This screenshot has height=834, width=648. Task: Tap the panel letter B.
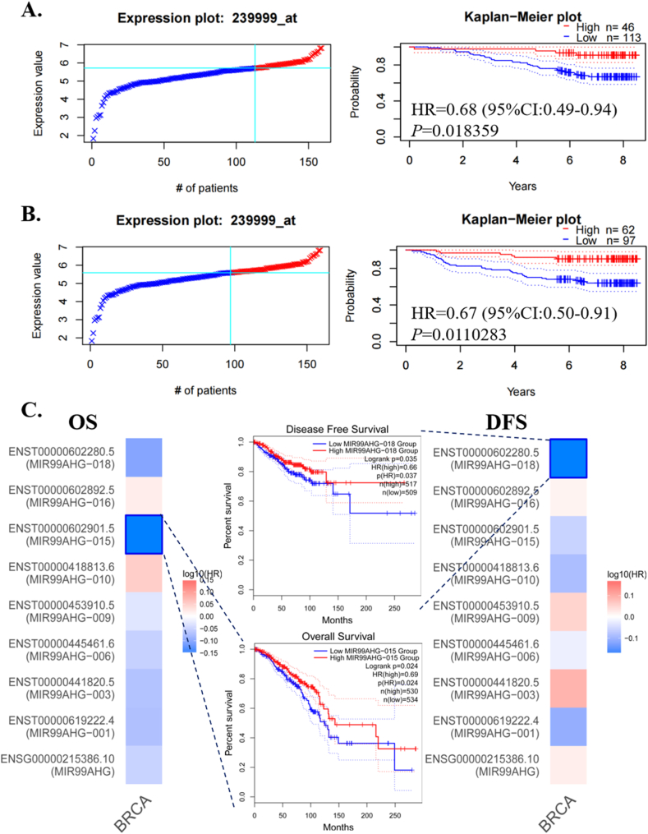coord(14,216)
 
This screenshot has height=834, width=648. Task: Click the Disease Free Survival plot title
coord(338,428)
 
